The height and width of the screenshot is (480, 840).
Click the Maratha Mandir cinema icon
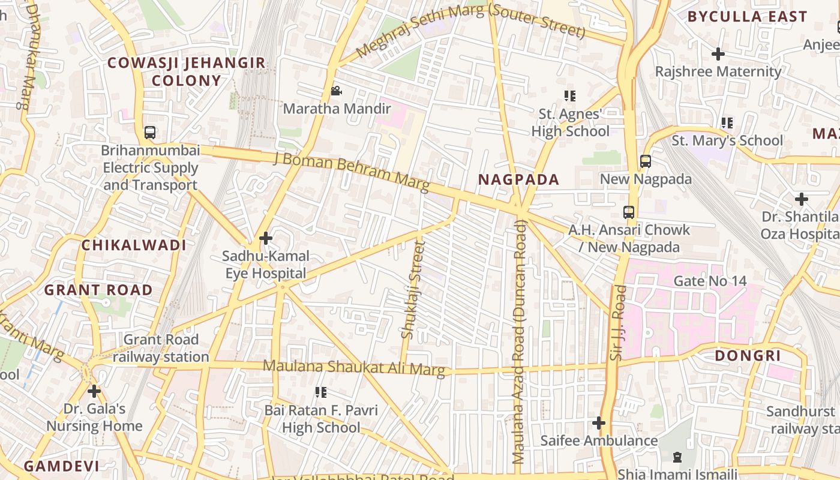pos(336,91)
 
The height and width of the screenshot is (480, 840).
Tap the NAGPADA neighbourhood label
pos(518,179)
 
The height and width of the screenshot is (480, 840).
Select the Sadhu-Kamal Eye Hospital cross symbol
pos(266,239)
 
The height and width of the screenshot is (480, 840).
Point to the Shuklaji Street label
pos(412,289)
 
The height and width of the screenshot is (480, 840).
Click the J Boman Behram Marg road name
pos(351,171)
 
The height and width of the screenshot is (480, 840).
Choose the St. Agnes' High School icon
pos(569,96)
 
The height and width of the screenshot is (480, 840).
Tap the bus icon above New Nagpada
pos(646,161)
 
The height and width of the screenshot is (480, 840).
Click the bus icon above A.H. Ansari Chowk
pos(628,212)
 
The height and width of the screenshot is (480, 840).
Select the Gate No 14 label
pos(710,281)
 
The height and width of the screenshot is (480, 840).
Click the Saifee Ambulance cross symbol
pos(598,423)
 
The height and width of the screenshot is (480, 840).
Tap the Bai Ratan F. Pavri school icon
pos(321,392)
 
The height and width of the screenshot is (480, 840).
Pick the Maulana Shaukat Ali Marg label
pos(354,368)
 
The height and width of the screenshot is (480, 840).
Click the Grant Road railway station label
pos(160,348)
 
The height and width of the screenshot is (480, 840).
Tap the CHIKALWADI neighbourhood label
pos(134,245)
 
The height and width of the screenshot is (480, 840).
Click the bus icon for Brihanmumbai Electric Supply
pos(150,133)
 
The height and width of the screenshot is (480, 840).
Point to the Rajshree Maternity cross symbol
pos(718,54)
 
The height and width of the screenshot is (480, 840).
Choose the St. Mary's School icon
pos(727,123)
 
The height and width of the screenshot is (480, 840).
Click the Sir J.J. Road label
pos(617,323)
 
